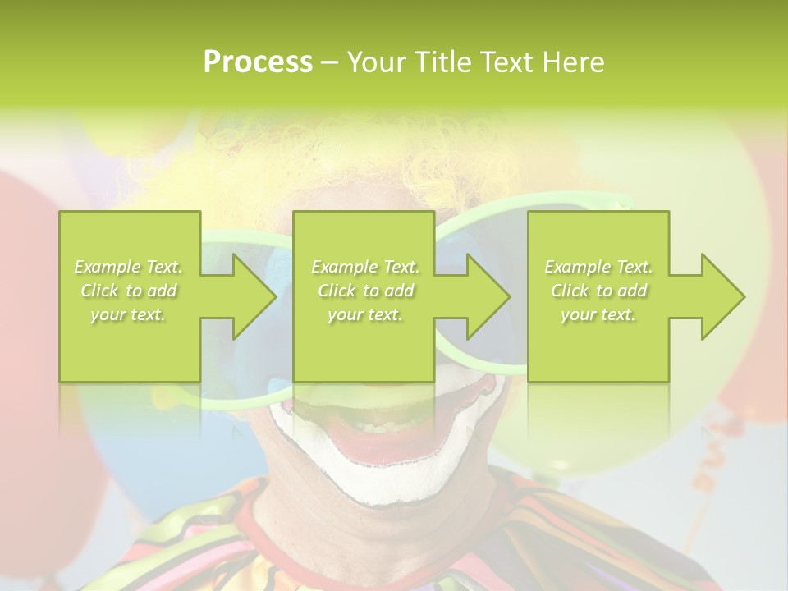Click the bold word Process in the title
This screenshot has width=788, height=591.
click(x=258, y=62)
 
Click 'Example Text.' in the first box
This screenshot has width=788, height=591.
click(x=129, y=267)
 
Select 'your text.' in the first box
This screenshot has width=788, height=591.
click(x=129, y=314)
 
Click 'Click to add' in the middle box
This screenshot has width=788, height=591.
click(x=364, y=291)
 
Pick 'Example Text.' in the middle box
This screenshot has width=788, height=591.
click(x=364, y=267)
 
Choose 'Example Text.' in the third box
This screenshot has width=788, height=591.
click(x=598, y=267)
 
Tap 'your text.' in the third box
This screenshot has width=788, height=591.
click(x=598, y=314)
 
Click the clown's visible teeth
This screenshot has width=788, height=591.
click(x=378, y=427)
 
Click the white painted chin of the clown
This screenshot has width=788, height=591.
click(x=369, y=484)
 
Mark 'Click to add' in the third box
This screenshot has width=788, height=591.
click(x=598, y=291)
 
